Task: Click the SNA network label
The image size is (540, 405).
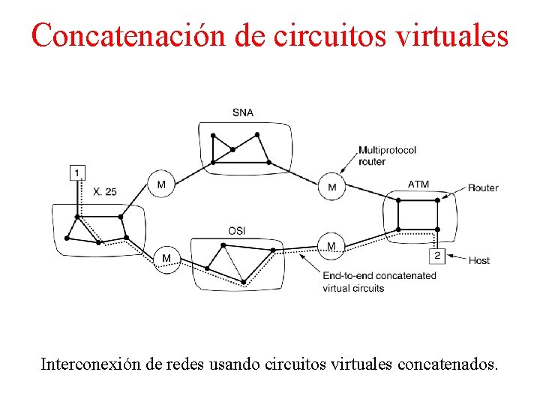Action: click(x=242, y=112)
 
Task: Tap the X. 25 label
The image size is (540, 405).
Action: click(x=105, y=191)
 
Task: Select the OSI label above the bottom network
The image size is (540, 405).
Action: click(x=236, y=230)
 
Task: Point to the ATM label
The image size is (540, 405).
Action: click(x=418, y=184)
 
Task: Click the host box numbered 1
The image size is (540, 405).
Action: click(x=77, y=173)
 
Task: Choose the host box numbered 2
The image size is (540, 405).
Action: click(x=438, y=256)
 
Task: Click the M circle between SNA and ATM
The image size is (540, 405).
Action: click(x=332, y=186)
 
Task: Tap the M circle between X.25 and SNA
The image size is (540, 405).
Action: click(x=161, y=183)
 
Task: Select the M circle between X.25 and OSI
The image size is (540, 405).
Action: click(x=166, y=259)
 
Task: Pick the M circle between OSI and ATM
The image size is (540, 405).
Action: click(x=331, y=247)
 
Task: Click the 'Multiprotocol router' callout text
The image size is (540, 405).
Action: click(x=387, y=156)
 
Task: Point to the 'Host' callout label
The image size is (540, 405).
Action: click(x=478, y=260)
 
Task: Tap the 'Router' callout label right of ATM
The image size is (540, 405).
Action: click(x=483, y=187)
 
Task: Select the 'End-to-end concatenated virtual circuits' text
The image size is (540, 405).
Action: click(x=379, y=281)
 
